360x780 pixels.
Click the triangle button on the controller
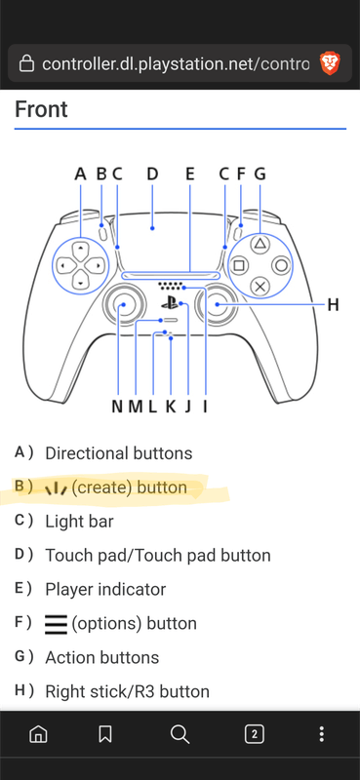coord(260,244)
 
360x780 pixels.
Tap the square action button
coord(239,265)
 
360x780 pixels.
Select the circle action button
coord(281,265)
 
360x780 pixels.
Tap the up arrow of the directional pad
coord(81,246)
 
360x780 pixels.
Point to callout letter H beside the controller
coord(333,304)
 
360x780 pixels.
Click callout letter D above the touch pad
coord(152,175)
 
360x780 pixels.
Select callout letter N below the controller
coord(117,407)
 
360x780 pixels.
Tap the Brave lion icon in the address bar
coord(330,63)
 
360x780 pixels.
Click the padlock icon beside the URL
coord(26,63)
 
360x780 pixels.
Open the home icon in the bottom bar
coord(38,734)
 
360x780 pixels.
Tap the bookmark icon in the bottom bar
coord(105,734)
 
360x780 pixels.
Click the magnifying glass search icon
coord(180,734)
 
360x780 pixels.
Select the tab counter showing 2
coord(255,734)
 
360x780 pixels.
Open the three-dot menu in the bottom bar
coord(322,734)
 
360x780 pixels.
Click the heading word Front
coord(41,109)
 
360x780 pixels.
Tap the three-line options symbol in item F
coord(56,624)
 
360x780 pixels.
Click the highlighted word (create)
coord(101,487)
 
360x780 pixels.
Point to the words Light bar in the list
coord(79,522)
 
